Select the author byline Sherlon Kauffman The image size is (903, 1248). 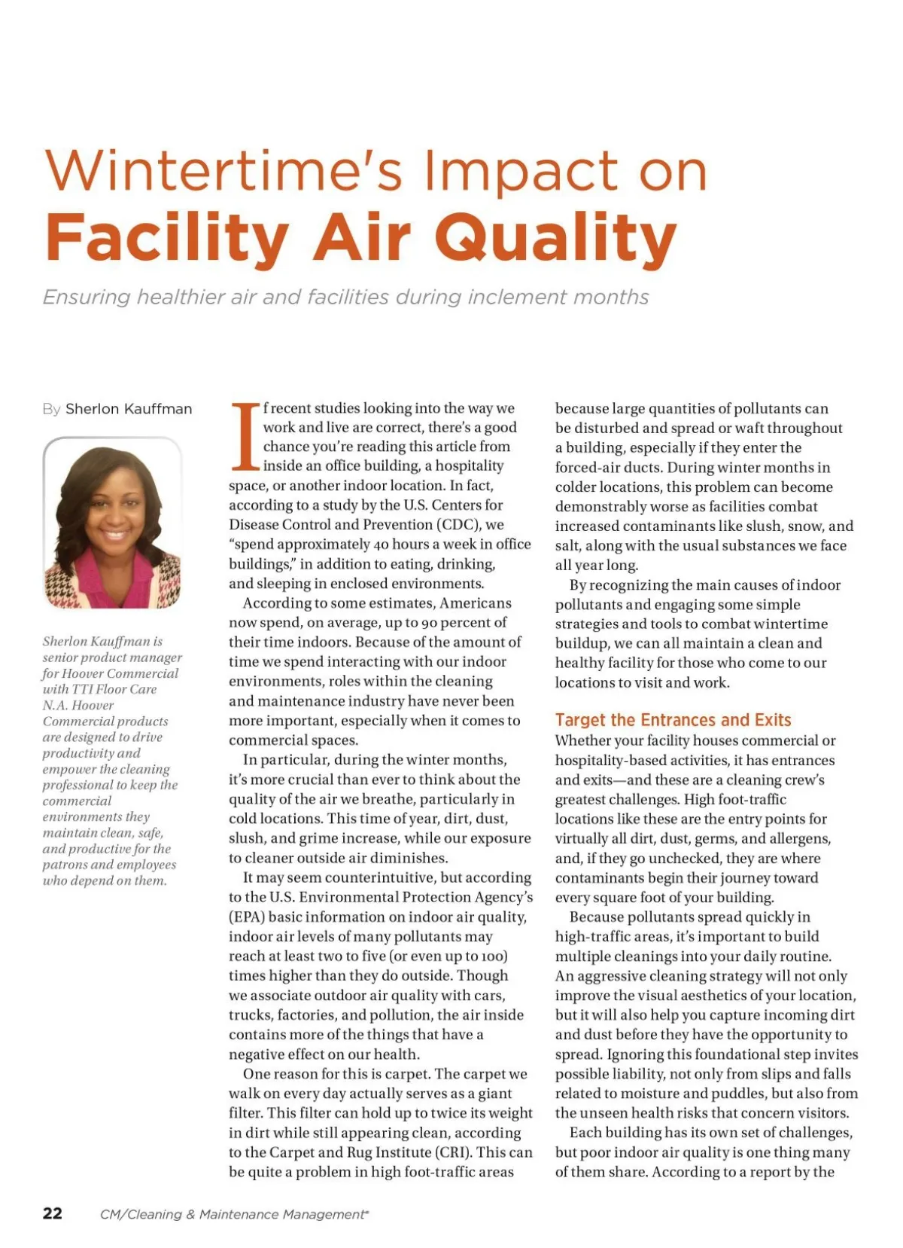point(129,409)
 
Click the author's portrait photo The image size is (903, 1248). point(113,523)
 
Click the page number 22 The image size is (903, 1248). point(53,1213)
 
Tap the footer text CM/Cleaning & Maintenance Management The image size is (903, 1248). point(233,1214)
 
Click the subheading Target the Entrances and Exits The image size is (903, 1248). point(673,720)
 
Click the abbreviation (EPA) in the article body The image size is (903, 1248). point(247,917)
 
